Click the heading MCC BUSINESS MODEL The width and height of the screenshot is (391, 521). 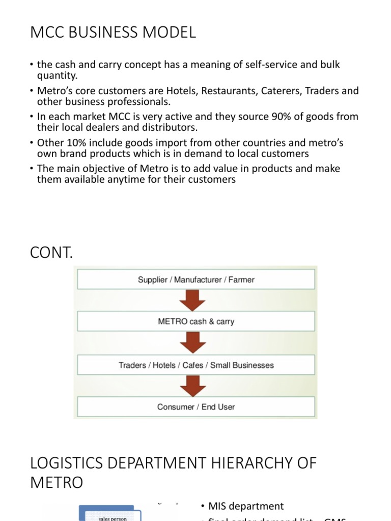click(113, 33)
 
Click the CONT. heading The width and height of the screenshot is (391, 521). click(51, 253)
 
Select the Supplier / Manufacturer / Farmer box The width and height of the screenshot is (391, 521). click(196, 279)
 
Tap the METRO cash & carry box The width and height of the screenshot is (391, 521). click(196, 322)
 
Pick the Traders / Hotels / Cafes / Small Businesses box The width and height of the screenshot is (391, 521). click(196, 365)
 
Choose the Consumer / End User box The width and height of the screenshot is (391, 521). click(196, 407)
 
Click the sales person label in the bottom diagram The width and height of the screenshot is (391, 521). click(111, 518)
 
